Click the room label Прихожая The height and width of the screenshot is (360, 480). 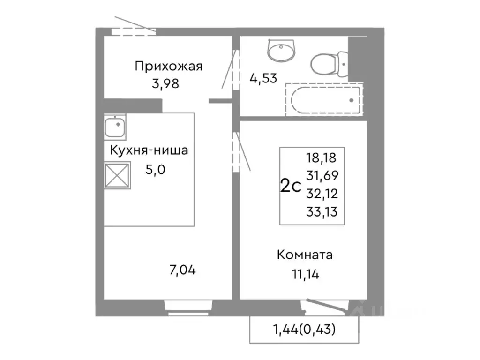168,66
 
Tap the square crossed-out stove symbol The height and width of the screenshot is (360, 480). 117,175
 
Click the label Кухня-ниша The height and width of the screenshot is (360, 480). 149,150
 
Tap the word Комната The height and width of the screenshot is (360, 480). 305,255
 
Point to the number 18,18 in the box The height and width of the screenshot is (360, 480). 322,157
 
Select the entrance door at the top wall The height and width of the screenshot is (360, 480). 134,30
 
